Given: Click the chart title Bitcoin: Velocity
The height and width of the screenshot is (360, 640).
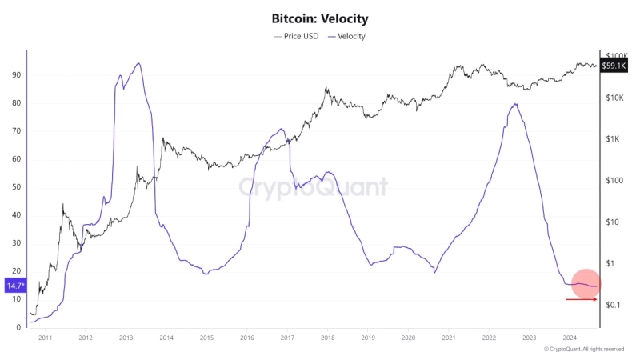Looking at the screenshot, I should click(320, 18).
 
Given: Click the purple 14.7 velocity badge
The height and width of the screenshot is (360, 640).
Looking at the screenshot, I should click(14, 285).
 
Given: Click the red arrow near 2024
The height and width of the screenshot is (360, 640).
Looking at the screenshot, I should click(581, 299).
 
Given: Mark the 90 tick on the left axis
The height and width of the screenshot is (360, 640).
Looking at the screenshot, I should click(15, 75).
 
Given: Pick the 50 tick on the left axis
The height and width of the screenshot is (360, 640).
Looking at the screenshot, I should click(15, 187).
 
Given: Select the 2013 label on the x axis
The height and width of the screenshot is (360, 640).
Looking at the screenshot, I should click(126, 339).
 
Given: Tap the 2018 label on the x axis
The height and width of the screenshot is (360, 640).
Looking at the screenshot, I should click(326, 339).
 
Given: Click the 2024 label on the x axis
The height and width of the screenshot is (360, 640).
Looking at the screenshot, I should click(569, 339).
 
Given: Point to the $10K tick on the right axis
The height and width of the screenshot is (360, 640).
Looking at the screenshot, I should click(617, 98).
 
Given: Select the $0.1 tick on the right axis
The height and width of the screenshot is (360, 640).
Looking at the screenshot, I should click(614, 305).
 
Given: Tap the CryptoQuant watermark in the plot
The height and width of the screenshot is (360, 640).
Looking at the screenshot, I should click(314, 187).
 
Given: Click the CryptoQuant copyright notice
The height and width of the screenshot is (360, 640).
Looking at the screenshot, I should click(584, 350).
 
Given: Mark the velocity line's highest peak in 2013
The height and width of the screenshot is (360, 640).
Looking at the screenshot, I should click(139, 63).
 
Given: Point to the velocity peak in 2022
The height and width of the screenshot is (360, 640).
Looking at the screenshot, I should click(516, 104).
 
